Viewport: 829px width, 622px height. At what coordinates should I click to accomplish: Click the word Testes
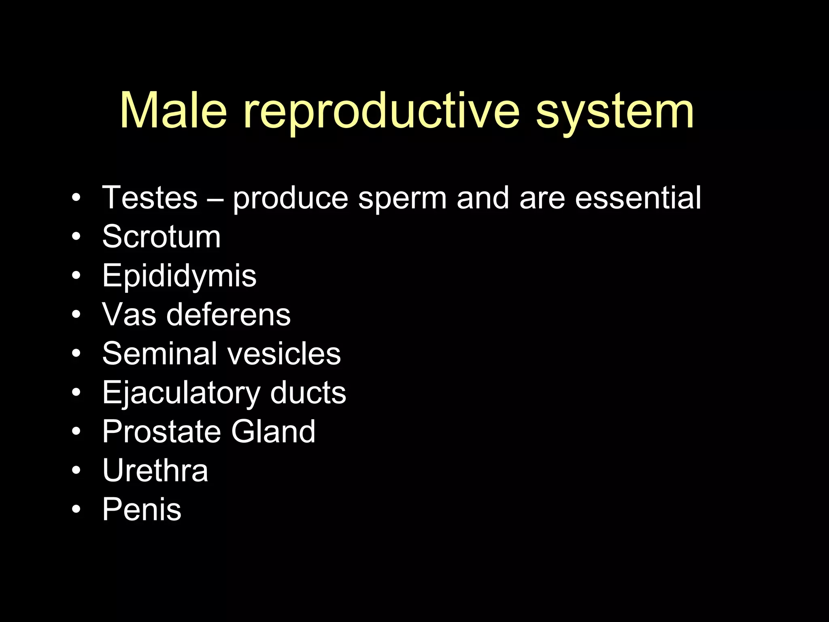pos(150,198)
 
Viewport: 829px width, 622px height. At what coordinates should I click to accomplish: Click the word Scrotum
pos(162,236)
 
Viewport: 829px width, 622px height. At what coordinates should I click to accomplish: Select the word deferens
pos(228,315)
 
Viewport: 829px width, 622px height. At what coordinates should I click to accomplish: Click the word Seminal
pos(159,354)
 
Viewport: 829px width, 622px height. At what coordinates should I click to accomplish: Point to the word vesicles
pos(284,354)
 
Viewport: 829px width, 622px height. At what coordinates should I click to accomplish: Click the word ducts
pos(308,393)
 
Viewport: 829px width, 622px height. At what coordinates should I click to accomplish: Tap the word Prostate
pos(162,432)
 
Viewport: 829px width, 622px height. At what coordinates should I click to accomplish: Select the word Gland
pos(273,432)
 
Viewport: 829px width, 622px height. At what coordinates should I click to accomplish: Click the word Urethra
pos(155,471)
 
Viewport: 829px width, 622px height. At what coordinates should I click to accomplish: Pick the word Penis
pos(142,509)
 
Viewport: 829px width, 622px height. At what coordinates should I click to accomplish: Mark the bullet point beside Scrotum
pos(76,236)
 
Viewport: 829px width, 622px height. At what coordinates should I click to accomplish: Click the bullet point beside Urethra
pos(76,471)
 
